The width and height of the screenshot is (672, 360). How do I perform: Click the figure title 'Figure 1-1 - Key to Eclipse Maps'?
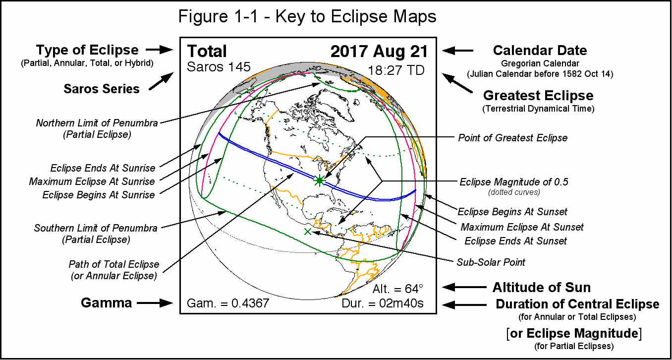point(307,16)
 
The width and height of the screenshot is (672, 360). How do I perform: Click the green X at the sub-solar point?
point(308,231)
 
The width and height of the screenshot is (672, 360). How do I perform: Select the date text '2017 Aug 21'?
point(379,52)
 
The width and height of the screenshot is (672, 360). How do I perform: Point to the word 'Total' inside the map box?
point(207,52)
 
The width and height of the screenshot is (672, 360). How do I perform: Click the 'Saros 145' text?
point(219,67)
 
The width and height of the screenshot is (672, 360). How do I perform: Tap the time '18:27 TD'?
point(396,70)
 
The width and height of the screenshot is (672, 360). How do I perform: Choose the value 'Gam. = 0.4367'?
point(228,303)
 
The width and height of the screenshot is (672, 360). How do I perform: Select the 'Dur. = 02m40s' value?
point(383,303)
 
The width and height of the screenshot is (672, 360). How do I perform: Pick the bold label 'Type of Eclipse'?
point(87,50)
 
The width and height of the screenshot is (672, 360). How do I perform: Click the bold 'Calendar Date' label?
point(540,51)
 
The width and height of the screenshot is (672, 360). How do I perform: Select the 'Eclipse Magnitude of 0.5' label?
point(514,182)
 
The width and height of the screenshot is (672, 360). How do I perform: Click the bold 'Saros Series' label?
point(101,89)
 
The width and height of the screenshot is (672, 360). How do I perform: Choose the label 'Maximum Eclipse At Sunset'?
point(522,227)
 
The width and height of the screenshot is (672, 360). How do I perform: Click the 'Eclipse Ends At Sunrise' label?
point(103,168)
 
